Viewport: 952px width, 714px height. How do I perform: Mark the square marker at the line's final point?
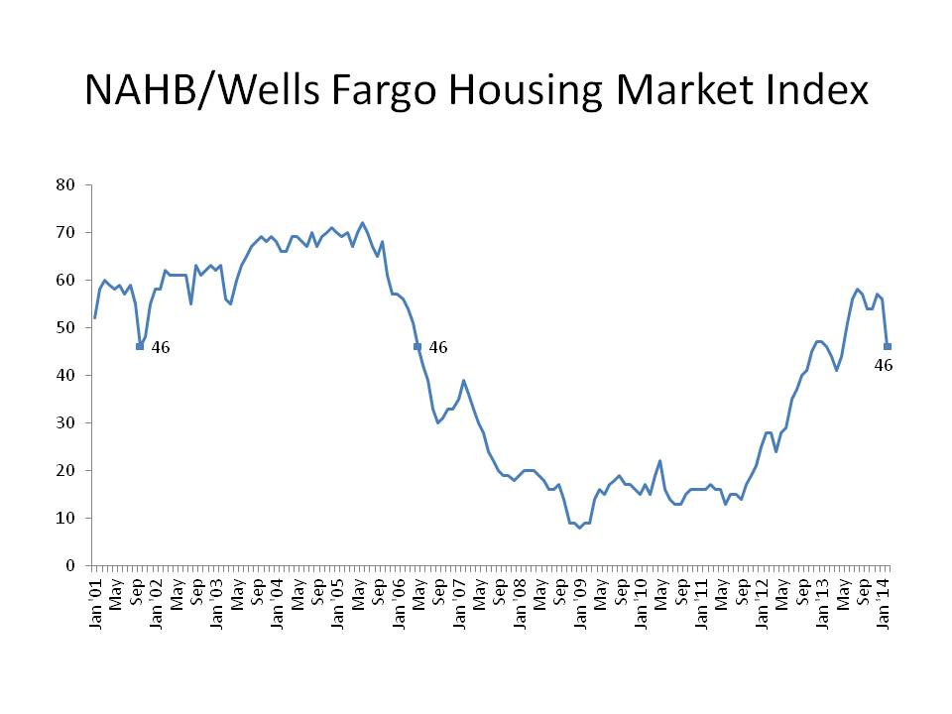(x=888, y=346)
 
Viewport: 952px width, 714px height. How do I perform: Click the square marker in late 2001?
(x=140, y=346)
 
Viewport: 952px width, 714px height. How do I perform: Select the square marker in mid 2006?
(x=417, y=346)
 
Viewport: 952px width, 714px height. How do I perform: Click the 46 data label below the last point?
(x=884, y=365)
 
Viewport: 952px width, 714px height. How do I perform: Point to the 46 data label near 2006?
(x=438, y=347)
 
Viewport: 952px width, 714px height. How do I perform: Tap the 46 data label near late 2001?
(x=161, y=347)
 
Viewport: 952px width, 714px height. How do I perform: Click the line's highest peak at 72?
(x=362, y=223)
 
